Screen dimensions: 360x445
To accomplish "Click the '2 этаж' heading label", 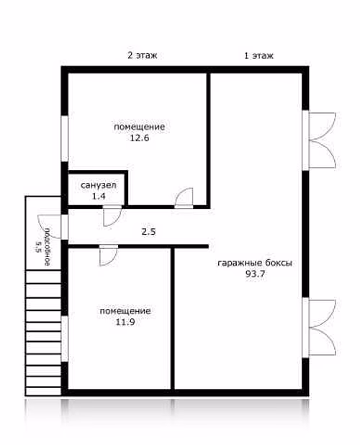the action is click(x=142, y=55).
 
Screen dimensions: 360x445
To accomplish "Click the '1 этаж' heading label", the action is click(x=258, y=55).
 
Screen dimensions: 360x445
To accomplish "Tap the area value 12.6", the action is click(x=140, y=138).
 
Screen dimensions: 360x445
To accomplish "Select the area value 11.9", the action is click(x=125, y=322).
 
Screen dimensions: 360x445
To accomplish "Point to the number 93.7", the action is click(x=255, y=274).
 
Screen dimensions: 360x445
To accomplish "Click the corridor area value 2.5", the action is click(x=148, y=232).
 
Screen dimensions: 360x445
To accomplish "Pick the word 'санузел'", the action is click(x=99, y=185).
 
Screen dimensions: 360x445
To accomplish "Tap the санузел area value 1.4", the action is click(x=99, y=196).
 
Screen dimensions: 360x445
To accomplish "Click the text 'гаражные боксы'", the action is click(x=255, y=263).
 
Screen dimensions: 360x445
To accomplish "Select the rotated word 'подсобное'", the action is click(x=48, y=246).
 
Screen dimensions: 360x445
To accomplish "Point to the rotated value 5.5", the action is click(x=38, y=247).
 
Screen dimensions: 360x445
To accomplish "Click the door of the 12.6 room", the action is click(x=184, y=198).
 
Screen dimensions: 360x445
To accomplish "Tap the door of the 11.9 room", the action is click(x=109, y=256).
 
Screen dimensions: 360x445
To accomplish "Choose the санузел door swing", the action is click(x=112, y=216).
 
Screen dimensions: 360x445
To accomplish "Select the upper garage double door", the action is click(x=320, y=140).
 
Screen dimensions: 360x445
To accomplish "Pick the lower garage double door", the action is click(x=320, y=328).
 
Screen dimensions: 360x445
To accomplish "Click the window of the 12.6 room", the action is click(x=65, y=139).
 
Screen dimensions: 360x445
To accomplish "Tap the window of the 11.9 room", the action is click(x=65, y=339).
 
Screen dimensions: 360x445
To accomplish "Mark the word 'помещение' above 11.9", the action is click(x=125, y=311).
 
